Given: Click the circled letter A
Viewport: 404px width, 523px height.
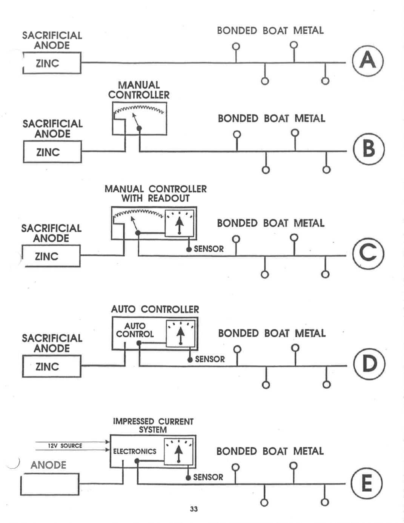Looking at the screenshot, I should pos(368,61).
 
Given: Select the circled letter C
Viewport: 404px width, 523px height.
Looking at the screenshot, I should pos(368,253).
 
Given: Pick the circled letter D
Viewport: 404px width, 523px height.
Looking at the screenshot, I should pos(369,364).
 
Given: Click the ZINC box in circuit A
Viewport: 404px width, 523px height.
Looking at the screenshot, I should pos(52,63).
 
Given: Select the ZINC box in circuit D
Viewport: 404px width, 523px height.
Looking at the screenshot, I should pos(52,366).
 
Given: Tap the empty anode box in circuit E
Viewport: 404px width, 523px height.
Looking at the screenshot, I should pos(50,484).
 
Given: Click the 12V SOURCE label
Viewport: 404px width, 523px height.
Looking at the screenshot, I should pos(65,446).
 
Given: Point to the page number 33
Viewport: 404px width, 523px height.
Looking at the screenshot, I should pos(194,509).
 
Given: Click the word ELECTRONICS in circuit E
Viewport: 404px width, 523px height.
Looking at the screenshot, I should pos(135,451).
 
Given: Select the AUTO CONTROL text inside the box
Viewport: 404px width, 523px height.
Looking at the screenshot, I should pos(135,330).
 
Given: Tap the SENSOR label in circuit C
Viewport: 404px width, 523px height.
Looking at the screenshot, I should pos(209,249).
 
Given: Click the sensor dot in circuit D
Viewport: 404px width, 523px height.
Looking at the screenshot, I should pos(190,360).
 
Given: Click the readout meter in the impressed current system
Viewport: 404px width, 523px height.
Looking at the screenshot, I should pos(179,451).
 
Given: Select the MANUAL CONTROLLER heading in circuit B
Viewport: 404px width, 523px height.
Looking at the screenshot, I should pos(139,90).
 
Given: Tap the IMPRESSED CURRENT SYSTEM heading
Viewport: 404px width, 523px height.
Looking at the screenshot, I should pos(153,425).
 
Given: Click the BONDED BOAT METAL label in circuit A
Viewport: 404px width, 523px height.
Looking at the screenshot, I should pos(270,31).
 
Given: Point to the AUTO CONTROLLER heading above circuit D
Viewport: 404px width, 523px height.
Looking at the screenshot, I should pos(155,309).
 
